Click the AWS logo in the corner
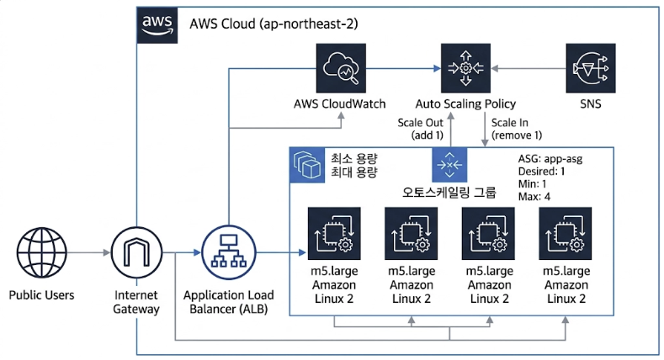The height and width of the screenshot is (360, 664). coord(156,24)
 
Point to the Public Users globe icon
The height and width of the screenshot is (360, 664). coord(42,251)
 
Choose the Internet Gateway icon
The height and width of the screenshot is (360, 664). coord(136,251)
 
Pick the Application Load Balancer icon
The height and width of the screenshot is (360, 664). coord(227,251)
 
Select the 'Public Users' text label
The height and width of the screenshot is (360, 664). coord(42,295)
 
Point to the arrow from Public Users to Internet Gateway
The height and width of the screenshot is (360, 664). coord(89,251)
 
